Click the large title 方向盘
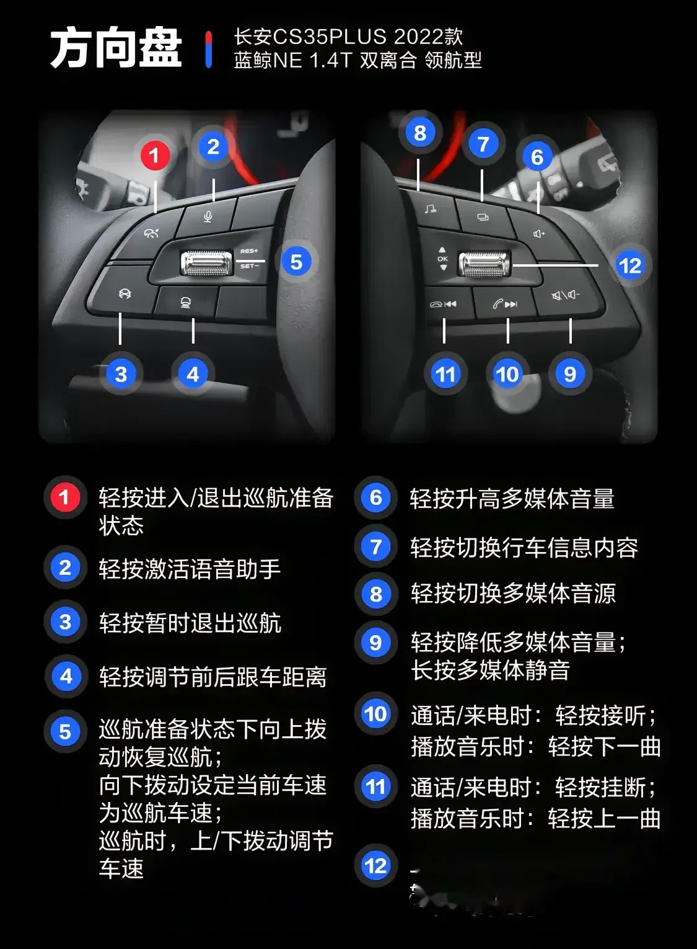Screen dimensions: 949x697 [x=116, y=48]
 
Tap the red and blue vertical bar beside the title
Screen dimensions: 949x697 [x=208, y=49]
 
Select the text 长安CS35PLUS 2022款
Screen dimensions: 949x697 [x=348, y=37]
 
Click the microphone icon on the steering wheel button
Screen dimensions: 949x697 [x=208, y=216]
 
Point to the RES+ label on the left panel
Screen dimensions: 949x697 [x=249, y=251]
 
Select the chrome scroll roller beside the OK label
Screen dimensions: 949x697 [x=484, y=264]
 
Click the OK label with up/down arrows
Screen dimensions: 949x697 [x=442, y=259]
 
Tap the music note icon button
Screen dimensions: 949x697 [x=430, y=209]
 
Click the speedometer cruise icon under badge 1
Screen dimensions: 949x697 [x=151, y=233]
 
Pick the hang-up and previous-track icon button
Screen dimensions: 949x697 [x=443, y=304]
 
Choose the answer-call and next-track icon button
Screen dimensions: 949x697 [x=505, y=304]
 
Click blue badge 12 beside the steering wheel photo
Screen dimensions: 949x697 [x=629, y=265]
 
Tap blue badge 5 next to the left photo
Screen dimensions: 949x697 [x=296, y=262]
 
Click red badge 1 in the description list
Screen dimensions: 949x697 [x=64, y=497]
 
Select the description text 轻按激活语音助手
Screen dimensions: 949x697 [x=190, y=569]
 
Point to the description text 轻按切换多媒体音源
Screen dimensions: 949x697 [x=512, y=594]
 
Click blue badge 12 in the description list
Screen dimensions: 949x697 [x=375, y=865]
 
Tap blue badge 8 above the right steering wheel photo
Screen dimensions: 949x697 [x=420, y=133]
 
